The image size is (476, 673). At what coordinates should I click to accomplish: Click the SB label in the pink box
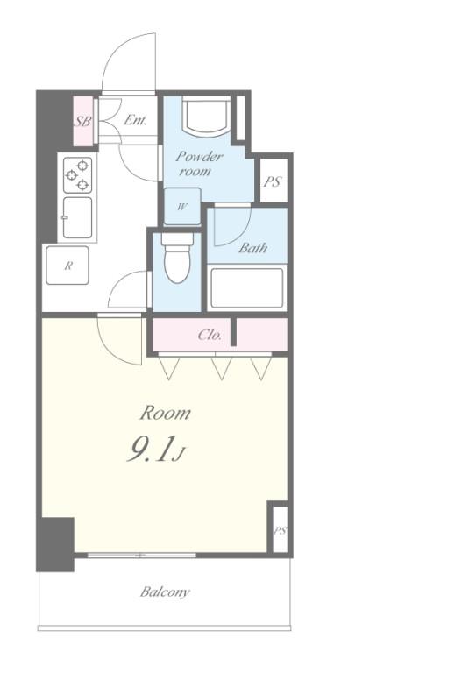tap(82, 122)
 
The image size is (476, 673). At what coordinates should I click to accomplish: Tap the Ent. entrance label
tap(135, 120)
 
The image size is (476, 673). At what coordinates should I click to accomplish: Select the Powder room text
tap(198, 164)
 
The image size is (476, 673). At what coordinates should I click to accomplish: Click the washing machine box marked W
tap(182, 207)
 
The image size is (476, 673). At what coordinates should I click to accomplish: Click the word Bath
tap(252, 248)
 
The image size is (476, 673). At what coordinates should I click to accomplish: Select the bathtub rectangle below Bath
tap(247, 288)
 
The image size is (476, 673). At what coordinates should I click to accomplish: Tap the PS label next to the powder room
tap(272, 182)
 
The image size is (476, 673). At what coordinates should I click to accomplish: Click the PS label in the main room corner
tap(280, 531)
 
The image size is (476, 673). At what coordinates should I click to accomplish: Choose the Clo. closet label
tap(210, 335)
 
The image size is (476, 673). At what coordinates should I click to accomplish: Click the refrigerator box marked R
tap(67, 266)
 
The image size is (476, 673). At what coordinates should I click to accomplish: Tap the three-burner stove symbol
tap(78, 174)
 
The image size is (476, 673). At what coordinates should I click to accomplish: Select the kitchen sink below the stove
tap(77, 217)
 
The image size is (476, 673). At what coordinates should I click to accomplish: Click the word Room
tap(166, 413)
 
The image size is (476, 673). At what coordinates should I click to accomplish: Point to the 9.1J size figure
tap(155, 450)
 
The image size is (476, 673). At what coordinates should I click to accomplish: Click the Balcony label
tap(165, 592)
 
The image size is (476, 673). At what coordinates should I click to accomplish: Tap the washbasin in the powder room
tap(206, 115)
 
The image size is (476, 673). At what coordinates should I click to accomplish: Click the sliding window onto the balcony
tap(142, 555)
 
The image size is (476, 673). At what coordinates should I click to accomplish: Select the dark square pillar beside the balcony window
tap(55, 544)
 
